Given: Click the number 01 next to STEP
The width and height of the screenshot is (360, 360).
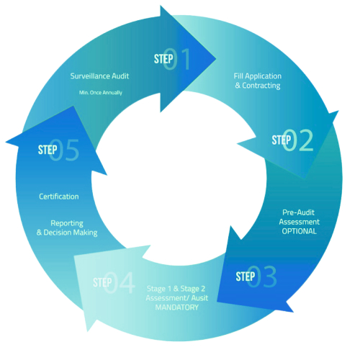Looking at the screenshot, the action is pyautogui.click(x=177, y=59).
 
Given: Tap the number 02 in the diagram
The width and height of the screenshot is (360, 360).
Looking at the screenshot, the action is pyautogui.click(x=298, y=140).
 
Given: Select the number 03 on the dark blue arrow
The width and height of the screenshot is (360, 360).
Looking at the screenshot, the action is pyautogui.click(x=261, y=276).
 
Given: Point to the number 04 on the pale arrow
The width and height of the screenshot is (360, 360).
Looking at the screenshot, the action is pyautogui.click(x=120, y=283).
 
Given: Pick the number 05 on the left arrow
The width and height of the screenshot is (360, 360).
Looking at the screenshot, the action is pyautogui.click(x=64, y=150).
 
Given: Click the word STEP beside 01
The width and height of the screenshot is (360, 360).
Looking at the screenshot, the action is pyautogui.click(x=163, y=59).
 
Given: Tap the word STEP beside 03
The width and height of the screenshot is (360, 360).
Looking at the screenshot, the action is pyautogui.click(x=246, y=276).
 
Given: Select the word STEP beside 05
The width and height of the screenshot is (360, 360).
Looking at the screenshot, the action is pyautogui.click(x=48, y=150).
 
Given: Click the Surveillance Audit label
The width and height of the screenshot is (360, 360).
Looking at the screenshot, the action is pyautogui.click(x=99, y=76).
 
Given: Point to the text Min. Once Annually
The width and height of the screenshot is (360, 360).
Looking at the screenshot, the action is pyautogui.click(x=101, y=93).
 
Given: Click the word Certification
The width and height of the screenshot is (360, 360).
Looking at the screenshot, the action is pyautogui.click(x=59, y=197).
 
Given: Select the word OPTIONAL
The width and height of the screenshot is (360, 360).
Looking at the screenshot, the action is pyautogui.click(x=300, y=231).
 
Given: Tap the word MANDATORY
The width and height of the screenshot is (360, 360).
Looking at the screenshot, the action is pyautogui.click(x=177, y=307).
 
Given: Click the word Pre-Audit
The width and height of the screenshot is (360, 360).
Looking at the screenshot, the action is pyautogui.click(x=298, y=212).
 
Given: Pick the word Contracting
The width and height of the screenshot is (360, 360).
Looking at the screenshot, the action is pyautogui.click(x=261, y=86).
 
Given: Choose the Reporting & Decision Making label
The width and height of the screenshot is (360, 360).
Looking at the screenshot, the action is pyautogui.click(x=67, y=228).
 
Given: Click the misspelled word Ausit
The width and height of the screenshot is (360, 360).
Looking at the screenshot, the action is pyautogui.click(x=199, y=298).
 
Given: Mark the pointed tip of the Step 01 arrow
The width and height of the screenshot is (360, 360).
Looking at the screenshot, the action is pyautogui.click(x=216, y=58).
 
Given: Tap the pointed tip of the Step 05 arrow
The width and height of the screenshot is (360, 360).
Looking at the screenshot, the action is pyautogui.click(x=6, y=142).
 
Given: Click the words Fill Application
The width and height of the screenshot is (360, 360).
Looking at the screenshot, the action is pyautogui.click(x=258, y=76).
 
